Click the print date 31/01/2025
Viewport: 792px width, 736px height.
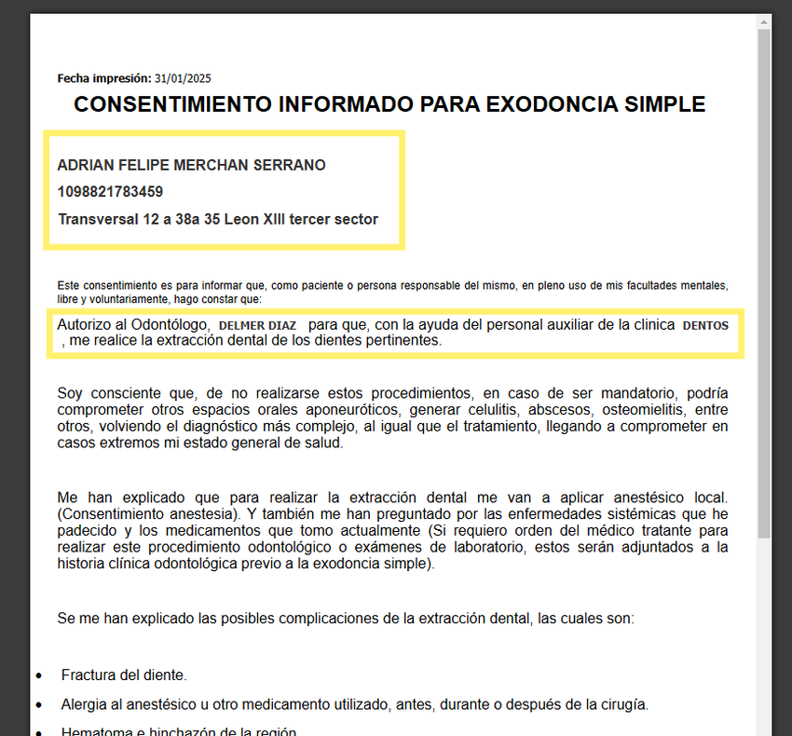pyautogui.click(x=183, y=78)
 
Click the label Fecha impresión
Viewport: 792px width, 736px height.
pyautogui.click(x=104, y=78)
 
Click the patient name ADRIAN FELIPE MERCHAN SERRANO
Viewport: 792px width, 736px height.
pyautogui.click(x=192, y=165)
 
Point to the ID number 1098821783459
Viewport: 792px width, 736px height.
pyautogui.click(x=110, y=192)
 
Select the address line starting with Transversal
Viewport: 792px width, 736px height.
pyautogui.click(x=218, y=220)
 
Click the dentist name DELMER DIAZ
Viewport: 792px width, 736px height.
pyautogui.click(x=257, y=325)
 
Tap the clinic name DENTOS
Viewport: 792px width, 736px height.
pyautogui.click(x=705, y=325)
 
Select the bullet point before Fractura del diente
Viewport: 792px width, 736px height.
pyautogui.click(x=38, y=675)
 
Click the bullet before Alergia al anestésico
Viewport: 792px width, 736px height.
pyautogui.click(x=38, y=705)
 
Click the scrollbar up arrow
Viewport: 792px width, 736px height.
pyautogui.click(x=764, y=21)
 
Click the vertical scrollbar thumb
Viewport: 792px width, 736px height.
pyautogui.click(x=764, y=279)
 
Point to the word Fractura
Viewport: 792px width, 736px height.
pyautogui.click(x=89, y=675)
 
